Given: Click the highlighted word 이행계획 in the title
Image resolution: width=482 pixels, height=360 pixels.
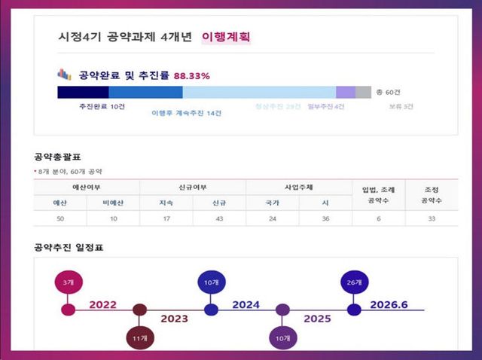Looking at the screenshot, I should tap(226, 36).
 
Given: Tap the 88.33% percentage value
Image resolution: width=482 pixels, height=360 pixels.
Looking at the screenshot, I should tap(192, 76).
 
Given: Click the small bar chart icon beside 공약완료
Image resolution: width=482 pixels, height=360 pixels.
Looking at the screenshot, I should tap(64, 75).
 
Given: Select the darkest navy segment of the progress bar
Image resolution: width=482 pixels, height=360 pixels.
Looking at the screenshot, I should tap(83, 92).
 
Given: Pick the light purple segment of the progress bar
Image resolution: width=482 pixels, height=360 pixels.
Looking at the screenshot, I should tap(346, 92).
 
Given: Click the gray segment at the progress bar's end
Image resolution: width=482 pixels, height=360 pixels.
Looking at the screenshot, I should tap(363, 92).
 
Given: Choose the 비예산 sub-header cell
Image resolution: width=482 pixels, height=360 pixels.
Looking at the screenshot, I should tap(112, 202).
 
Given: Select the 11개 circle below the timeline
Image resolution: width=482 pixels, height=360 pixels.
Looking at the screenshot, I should tap(139, 339).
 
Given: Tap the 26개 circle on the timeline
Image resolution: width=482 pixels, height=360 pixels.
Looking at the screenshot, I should tap(355, 282).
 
